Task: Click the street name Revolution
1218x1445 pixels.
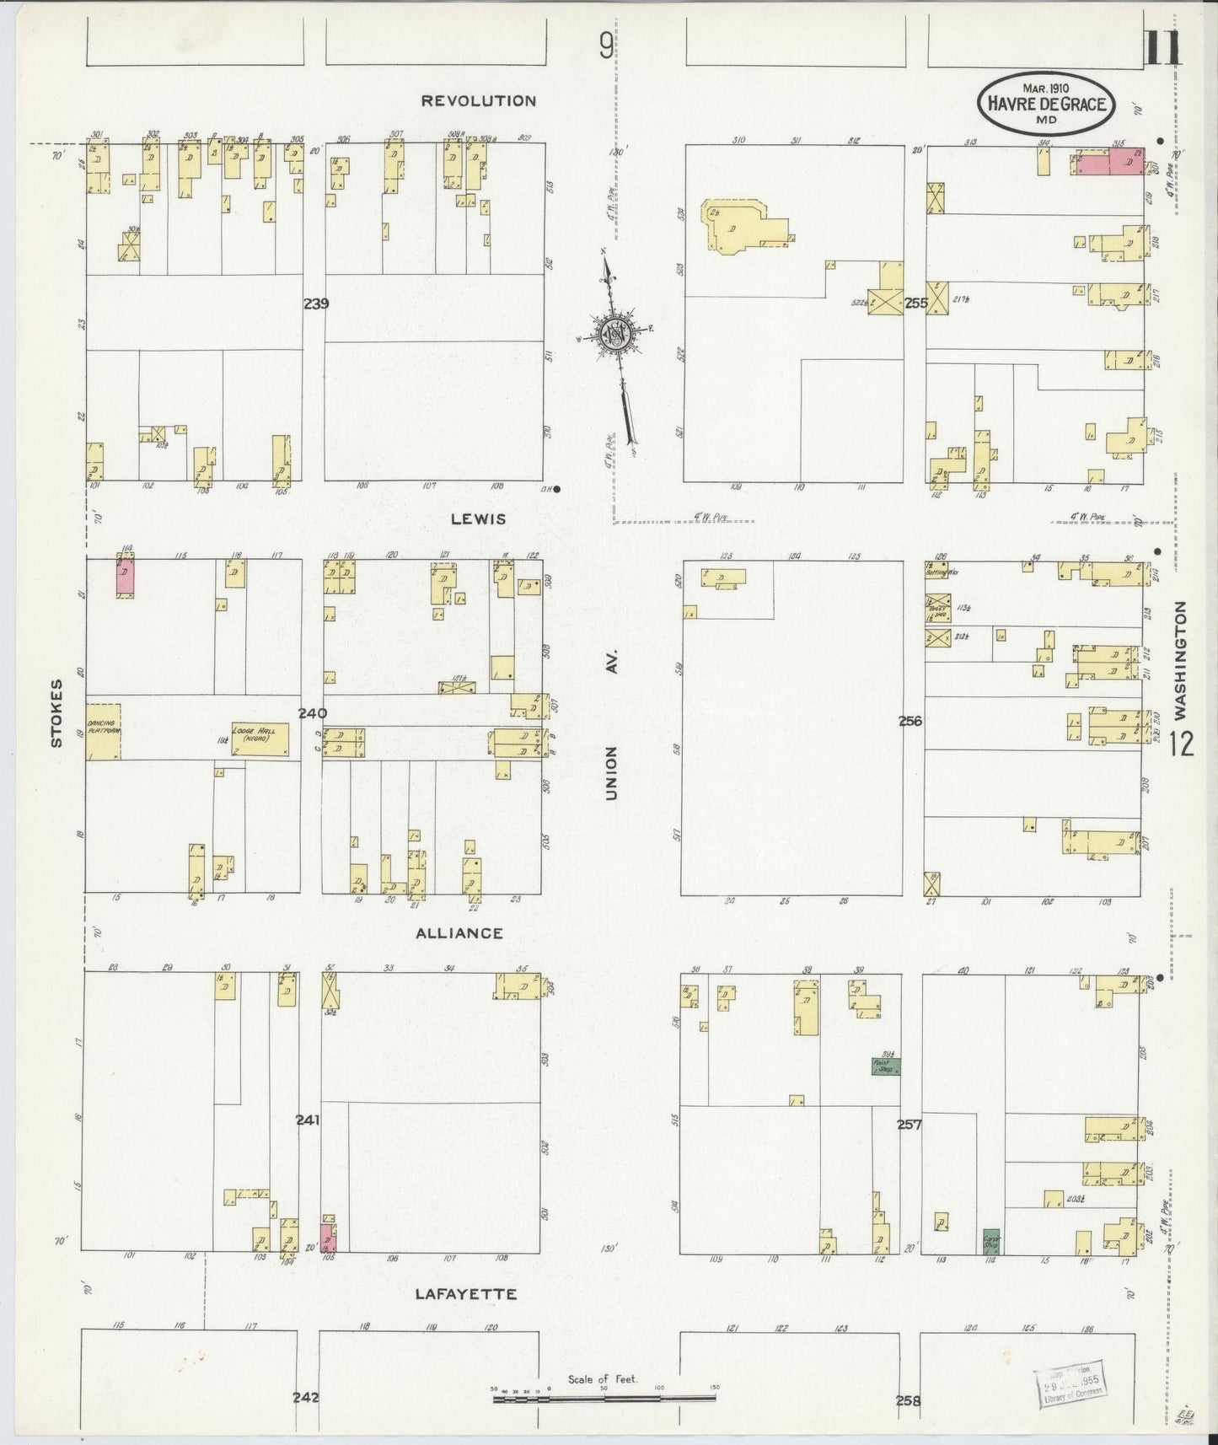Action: coord(478,101)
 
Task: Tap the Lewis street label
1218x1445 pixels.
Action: coord(478,518)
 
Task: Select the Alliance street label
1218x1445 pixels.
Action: coord(459,933)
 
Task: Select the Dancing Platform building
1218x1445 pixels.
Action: coord(103,731)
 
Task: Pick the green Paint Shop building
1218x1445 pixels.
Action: coord(886,1066)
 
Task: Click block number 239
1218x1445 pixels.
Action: coord(316,304)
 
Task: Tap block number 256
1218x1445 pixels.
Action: coord(910,721)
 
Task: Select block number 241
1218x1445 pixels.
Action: coord(308,1120)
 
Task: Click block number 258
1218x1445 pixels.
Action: coord(907,1401)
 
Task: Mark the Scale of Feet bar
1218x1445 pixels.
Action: coord(604,1399)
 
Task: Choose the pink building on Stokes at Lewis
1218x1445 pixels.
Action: coord(125,577)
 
